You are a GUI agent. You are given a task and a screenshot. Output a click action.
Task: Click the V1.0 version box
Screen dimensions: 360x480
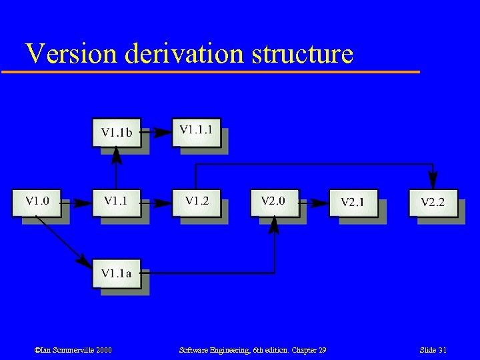[x=37, y=203]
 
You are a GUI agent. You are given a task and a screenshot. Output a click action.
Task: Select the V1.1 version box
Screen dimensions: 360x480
[x=116, y=203]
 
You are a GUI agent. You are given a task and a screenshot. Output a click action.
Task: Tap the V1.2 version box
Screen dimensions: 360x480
[x=196, y=203]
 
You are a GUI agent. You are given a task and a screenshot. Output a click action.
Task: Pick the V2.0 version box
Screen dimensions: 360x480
[x=275, y=203]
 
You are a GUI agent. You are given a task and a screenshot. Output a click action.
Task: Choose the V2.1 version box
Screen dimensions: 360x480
[x=353, y=203]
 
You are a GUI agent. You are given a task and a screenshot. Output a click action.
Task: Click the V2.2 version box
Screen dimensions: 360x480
[x=433, y=203]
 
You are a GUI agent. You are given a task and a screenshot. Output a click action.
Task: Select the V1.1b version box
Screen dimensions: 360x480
[x=116, y=132]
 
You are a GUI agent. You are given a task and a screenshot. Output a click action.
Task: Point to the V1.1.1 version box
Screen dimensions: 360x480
[x=196, y=131]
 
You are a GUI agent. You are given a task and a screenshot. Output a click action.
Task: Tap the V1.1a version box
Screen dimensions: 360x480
[x=116, y=273]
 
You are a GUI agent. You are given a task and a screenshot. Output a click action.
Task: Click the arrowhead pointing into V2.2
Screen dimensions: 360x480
[x=433, y=181]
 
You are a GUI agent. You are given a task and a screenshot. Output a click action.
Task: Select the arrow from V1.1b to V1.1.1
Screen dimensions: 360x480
[x=156, y=132]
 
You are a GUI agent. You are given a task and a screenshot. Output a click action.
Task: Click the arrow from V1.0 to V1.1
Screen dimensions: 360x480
[x=77, y=203]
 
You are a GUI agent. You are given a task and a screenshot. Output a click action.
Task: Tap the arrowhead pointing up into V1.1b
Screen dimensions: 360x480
[x=116, y=155]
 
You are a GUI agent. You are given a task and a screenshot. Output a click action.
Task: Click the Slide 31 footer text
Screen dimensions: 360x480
[x=433, y=351]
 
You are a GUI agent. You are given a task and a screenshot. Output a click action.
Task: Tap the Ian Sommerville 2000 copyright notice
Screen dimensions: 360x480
[x=73, y=351]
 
